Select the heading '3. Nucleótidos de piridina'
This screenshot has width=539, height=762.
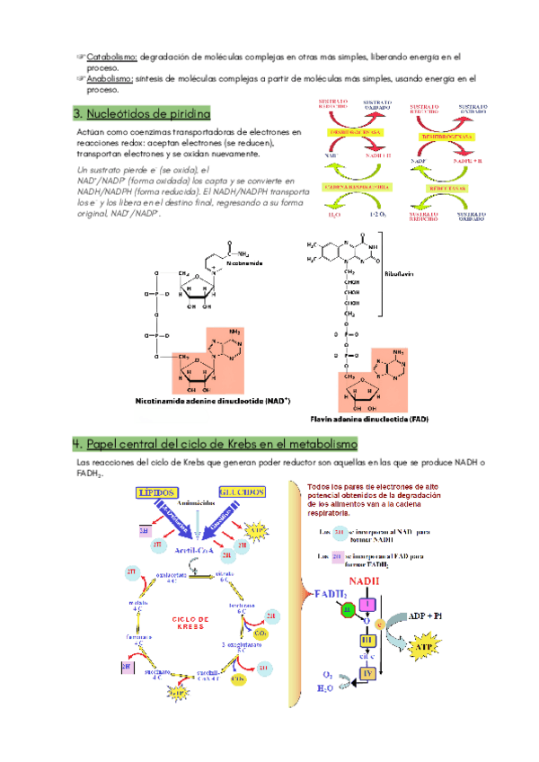click(x=141, y=114)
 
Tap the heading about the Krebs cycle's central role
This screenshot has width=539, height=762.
click(x=215, y=444)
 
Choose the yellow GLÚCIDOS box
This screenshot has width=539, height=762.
click(x=240, y=493)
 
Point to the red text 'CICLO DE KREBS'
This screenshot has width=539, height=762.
click(x=190, y=623)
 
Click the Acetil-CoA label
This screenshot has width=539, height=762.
click(x=199, y=548)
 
